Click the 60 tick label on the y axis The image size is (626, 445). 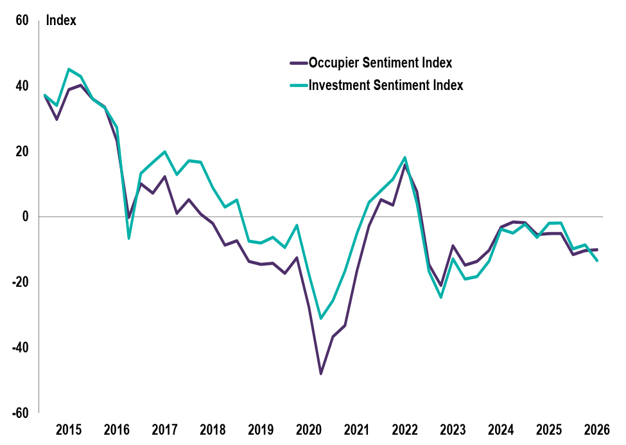(22, 21)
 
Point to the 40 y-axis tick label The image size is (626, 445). (22, 86)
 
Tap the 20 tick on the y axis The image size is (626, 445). (22, 151)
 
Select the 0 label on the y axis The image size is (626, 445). (26, 217)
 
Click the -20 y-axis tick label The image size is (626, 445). (20, 282)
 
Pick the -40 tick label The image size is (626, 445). (20, 347)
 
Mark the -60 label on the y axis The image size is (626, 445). (20, 412)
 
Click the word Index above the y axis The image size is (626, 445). (61, 21)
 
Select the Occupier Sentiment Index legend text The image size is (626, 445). (380, 63)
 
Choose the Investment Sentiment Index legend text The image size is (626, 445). (385, 85)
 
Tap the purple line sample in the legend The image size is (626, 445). (298, 63)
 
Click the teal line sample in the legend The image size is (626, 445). (298, 85)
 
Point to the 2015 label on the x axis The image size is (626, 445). (69, 429)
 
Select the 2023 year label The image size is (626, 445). (453, 429)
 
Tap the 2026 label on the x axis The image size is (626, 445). (596, 429)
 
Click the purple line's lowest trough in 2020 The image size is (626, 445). (321, 374)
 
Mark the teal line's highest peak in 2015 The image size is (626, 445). (69, 69)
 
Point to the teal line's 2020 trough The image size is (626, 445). (321, 318)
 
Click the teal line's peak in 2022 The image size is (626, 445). (405, 158)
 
